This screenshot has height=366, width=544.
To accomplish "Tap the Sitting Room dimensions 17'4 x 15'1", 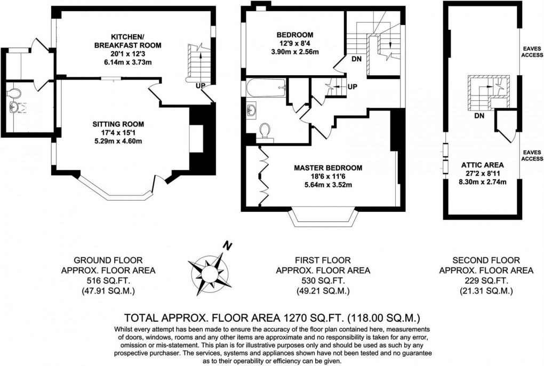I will pyautogui.click(x=118, y=132).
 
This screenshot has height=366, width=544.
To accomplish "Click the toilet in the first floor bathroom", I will pyautogui.click(x=265, y=131).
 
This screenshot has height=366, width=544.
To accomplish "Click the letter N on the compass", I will pyautogui.click(x=228, y=246).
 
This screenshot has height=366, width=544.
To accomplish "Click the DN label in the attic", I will pyautogui.click(x=478, y=115).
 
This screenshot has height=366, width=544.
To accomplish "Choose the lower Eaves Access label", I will pyautogui.click(x=532, y=155).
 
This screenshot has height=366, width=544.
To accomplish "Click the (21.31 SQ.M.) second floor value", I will pyautogui.click(x=486, y=291).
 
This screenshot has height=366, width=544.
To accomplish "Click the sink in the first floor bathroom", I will pyautogui.click(x=252, y=110).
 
